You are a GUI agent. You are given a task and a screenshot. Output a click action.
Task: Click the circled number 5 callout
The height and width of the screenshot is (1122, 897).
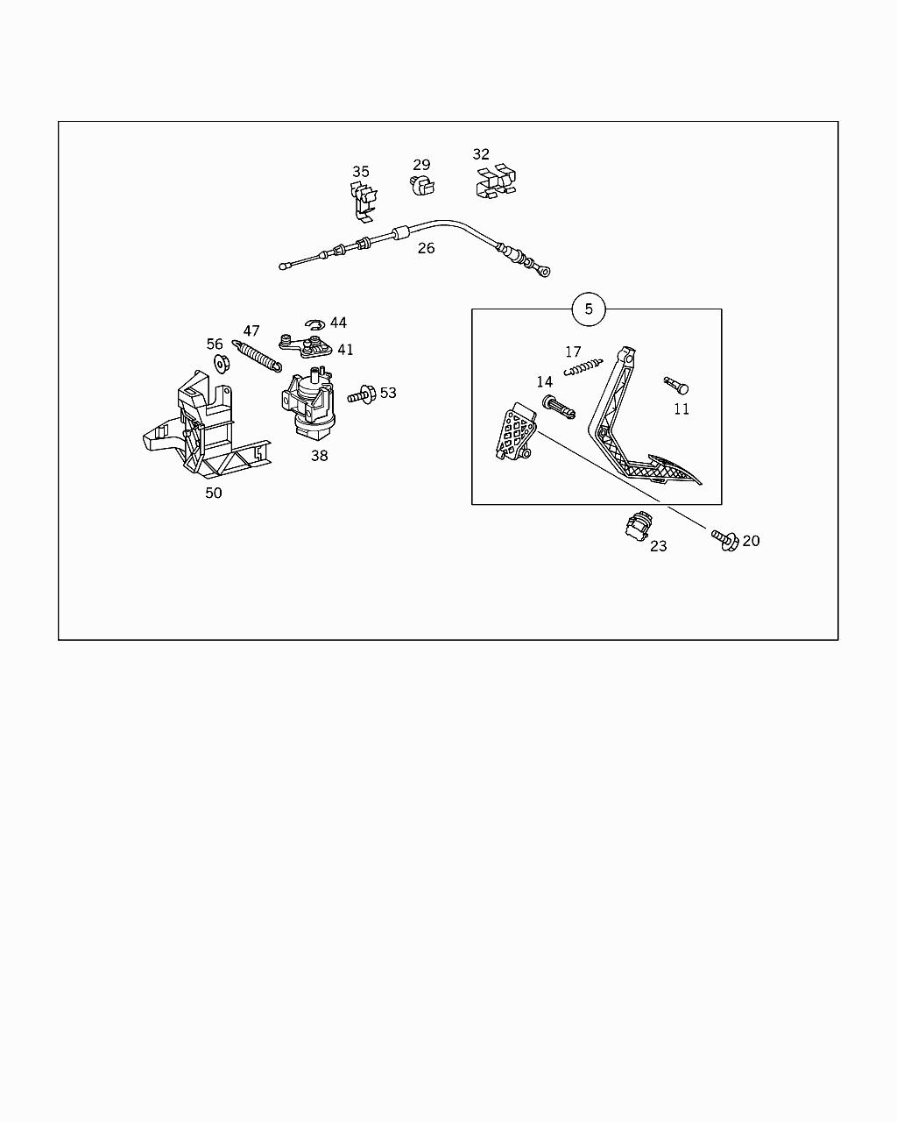coord(588,309)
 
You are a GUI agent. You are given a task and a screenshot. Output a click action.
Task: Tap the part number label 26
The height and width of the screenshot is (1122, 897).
coord(426,248)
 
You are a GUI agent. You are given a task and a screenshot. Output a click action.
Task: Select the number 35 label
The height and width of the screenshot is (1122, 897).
coord(361,172)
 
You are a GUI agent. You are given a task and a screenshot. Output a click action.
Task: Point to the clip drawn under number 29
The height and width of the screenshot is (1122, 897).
coord(422,185)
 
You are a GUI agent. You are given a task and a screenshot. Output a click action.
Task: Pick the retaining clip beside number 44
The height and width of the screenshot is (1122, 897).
coord(315,325)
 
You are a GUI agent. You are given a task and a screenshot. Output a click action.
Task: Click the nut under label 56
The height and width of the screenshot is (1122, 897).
coord(220,364)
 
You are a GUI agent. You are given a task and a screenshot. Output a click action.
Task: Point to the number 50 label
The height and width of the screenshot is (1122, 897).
coord(214,493)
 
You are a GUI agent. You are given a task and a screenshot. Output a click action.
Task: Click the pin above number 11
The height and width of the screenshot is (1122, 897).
coord(676,385)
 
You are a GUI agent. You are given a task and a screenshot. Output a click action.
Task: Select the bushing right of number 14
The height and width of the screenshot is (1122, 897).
coord(558,406)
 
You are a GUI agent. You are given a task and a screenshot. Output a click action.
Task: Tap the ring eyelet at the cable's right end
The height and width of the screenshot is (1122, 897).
coord(543,272)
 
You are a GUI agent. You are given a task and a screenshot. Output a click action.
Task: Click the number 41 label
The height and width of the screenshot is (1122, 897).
coord(345,350)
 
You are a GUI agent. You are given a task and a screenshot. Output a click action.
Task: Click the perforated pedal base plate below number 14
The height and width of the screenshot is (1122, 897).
coord(514,434)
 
